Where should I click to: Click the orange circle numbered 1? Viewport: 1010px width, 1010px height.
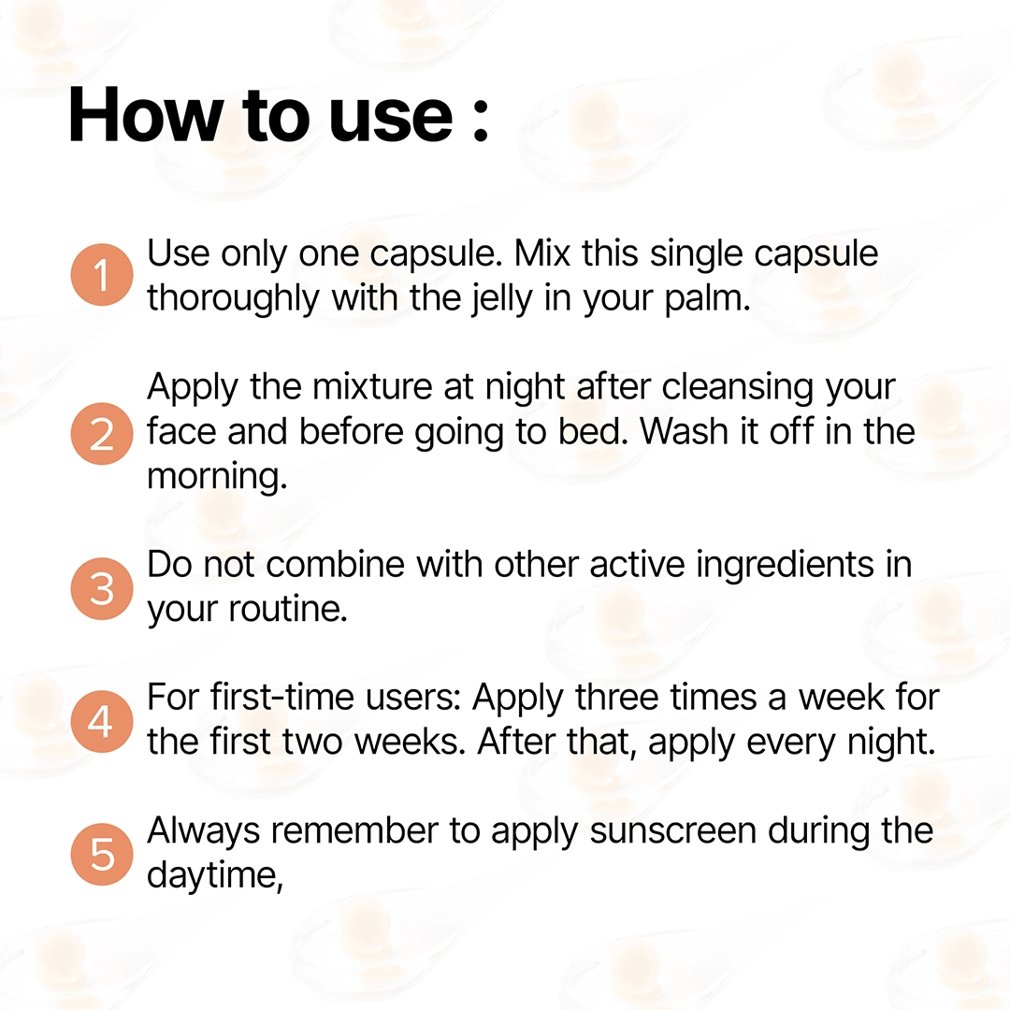pyautogui.click(x=102, y=274)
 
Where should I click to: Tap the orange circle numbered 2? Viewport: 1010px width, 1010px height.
pyautogui.click(x=102, y=434)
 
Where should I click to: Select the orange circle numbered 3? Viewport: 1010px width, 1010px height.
pyautogui.click(x=102, y=589)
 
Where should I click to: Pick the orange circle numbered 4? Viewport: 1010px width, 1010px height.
pyautogui.click(x=102, y=721)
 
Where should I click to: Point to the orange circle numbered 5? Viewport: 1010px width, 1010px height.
pyautogui.click(x=102, y=854)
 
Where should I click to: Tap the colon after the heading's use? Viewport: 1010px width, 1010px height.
pyautogui.click(x=481, y=121)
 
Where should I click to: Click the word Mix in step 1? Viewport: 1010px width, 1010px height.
pyautogui.click(x=542, y=253)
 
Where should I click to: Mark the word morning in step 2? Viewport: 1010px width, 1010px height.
pyautogui.click(x=216, y=477)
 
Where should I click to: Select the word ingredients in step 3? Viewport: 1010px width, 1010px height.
pyautogui.click(x=786, y=566)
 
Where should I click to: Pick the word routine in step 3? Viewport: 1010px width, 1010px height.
pyautogui.click(x=289, y=610)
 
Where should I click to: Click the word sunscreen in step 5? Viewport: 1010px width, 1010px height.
pyautogui.click(x=672, y=831)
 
